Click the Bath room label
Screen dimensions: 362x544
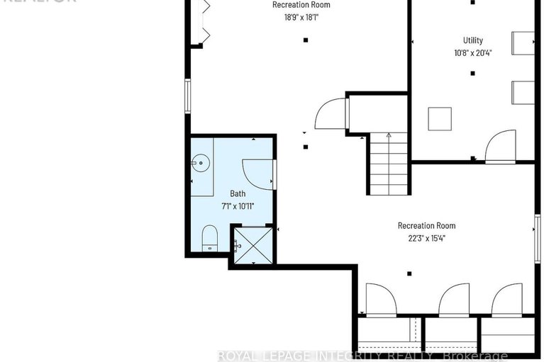pyautogui.click(x=237, y=193)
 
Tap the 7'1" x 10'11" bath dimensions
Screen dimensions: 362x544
pyautogui.click(x=237, y=206)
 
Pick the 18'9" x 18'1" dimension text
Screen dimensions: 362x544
pyautogui.click(x=301, y=16)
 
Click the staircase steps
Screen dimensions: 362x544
pyautogui.click(x=387, y=164)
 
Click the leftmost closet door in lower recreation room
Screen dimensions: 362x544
pyautogui.click(x=382, y=300)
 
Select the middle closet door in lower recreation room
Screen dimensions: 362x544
pyautogui.click(x=455, y=300)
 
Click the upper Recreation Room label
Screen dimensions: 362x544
pyautogui.click(x=301, y=4)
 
